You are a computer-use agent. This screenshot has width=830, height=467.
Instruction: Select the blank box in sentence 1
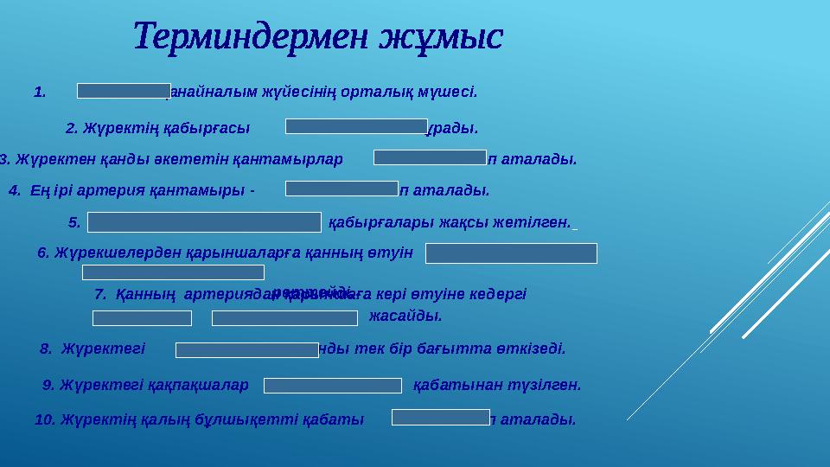(x=124, y=91)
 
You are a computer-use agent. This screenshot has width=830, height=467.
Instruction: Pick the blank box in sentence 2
(x=356, y=127)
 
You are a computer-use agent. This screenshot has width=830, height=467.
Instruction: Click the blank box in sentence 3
(x=430, y=157)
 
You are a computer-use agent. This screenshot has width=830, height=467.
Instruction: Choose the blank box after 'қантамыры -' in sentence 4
(x=342, y=189)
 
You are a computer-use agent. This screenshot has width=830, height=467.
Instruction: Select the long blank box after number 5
(x=204, y=221)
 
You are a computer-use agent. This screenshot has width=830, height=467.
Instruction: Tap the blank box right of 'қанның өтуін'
(x=511, y=253)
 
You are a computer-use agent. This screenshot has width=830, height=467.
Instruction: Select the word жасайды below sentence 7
(x=405, y=317)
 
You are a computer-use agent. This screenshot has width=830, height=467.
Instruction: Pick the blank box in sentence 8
(x=247, y=349)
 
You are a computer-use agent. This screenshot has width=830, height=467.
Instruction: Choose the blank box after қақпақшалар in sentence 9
(x=333, y=385)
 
